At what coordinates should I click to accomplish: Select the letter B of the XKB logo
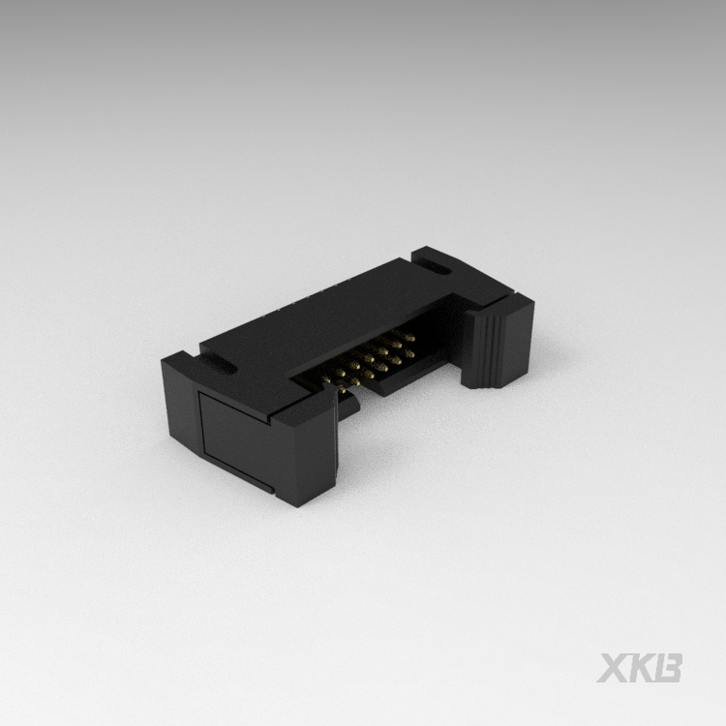(x=669, y=668)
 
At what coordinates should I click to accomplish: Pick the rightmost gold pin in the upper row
(x=410, y=336)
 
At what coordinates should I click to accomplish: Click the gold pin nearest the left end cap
(x=338, y=384)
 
